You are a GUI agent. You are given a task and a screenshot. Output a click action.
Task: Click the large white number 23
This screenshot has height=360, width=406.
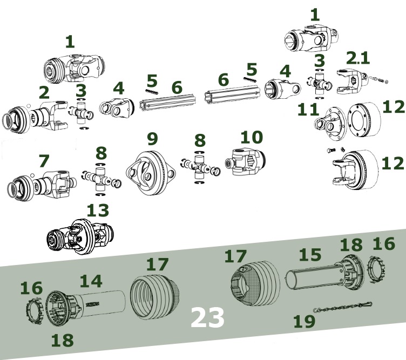click(x=207, y=318)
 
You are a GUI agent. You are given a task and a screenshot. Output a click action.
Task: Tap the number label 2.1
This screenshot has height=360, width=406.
click(x=359, y=58)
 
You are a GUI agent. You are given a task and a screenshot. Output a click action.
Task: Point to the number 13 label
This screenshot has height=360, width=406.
click(x=97, y=210)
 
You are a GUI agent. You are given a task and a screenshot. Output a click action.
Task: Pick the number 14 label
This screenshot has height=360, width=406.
click(x=91, y=280)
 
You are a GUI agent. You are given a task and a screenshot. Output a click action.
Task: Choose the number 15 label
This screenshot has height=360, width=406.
click(x=310, y=254)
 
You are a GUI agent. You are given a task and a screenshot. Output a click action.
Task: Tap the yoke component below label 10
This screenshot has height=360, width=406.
click(x=247, y=162)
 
